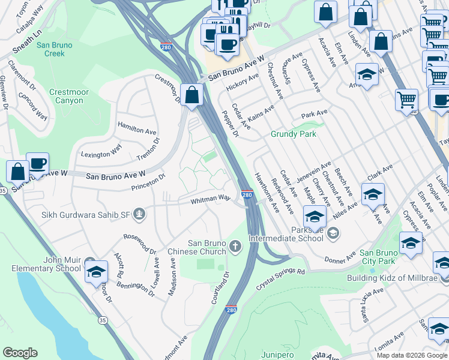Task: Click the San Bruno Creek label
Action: coord(55,50)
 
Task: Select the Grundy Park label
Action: coord(293,134)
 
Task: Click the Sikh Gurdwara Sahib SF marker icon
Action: coord(139,213)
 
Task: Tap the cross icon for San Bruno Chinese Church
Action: coord(236,246)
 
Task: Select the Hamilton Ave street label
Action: coord(137,130)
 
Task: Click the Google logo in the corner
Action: coord(20,353)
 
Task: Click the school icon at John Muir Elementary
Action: coord(96,271)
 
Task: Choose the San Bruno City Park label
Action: coord(386,261)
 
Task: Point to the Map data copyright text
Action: coord(412,355)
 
